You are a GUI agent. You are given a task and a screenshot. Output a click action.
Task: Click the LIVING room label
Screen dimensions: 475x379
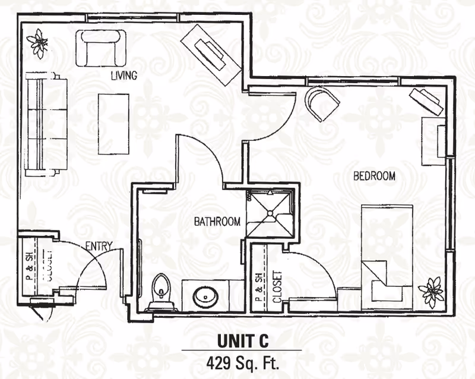[124, 75]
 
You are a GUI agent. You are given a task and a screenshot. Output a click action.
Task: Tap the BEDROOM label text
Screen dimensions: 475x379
[375, 176]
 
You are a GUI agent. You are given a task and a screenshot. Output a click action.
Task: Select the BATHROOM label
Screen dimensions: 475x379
[217, 222]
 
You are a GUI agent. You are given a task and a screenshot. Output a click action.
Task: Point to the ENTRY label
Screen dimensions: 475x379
[99, 246]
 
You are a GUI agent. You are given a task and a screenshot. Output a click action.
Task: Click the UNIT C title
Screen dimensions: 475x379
[243, 340]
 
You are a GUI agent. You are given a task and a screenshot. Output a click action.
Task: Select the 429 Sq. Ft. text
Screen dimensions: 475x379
[242, 362]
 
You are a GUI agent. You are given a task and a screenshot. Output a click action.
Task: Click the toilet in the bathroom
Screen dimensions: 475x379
[161, 292]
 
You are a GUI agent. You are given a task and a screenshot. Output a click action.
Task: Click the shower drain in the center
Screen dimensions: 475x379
[270, 213]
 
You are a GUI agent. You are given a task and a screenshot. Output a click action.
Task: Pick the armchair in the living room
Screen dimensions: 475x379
[101, 48]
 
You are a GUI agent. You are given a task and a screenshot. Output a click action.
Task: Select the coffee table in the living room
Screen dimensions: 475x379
[113, 124]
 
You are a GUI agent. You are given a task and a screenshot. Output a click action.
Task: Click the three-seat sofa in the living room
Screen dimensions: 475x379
[46, 124]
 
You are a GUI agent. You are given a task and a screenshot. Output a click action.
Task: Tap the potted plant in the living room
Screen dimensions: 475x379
[37, 43]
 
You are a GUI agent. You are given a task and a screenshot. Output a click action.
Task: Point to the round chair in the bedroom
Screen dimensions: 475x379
[321, 103]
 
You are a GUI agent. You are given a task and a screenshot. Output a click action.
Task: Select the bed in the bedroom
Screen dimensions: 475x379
[387, 257]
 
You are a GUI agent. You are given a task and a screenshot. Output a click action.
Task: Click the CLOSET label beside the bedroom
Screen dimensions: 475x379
[277, 287]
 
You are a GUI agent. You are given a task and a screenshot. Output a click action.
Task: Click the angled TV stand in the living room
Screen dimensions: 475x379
[211, 55]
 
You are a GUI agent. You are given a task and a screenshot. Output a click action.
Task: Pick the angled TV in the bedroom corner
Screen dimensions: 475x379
[426, 102]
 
